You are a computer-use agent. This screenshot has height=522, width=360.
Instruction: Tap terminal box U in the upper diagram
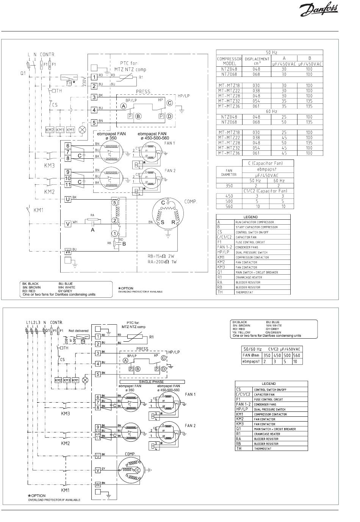click(x=68, y=199)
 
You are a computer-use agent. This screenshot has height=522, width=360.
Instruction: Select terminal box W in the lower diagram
click(x=98, y=484)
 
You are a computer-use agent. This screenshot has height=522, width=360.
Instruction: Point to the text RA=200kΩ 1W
click(x=163, y=261)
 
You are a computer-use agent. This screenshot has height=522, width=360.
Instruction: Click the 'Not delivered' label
click(x=78, y=330)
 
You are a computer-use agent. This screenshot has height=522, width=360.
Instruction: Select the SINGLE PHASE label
click(x=151, y=382)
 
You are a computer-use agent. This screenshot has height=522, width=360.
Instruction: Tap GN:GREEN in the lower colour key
click(x=274, y=333)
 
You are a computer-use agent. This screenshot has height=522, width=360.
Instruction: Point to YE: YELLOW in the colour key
click(x=242, y=333)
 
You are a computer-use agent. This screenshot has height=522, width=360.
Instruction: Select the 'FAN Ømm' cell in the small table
click(x=250, y=355)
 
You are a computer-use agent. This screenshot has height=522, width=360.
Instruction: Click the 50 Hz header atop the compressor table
click(x=269, y=52)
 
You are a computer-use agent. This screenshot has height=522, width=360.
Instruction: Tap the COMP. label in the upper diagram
click(x=190, y=202)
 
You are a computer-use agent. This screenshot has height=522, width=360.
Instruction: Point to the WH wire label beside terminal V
click(x=75, y=222)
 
